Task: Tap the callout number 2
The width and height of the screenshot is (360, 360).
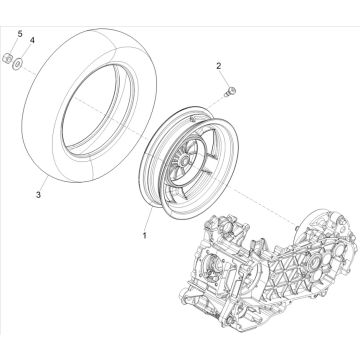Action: click(x=218, y=66)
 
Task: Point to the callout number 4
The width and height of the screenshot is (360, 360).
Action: click(x=31, y=40)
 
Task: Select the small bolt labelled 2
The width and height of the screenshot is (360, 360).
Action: click(x=232, y=94)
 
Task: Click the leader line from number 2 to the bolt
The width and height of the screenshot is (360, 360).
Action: click(x=224, y=79)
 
